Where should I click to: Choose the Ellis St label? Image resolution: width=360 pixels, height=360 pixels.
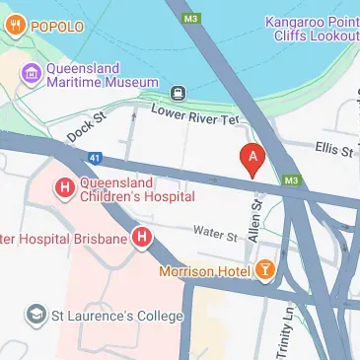[x=333, y=151]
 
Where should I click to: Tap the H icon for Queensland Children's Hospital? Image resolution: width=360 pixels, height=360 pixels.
[x=65, y=187]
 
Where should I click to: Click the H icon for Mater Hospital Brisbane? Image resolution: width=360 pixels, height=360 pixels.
[x=143, y=238]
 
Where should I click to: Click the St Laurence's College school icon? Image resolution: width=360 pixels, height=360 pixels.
[x=36, y=315]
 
